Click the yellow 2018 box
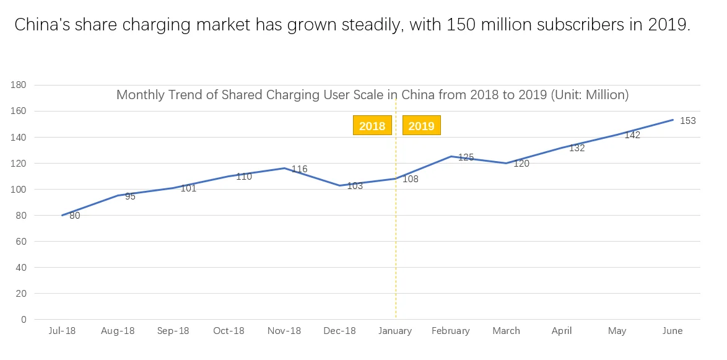(x=372, y=125)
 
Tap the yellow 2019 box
(x=422, y=125)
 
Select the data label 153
(x=687, y=121)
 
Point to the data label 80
(x=75, y=215)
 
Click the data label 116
(x=300, y=169)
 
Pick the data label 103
(x=355, y=186)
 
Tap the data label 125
(x=466, y=157)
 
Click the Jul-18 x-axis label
(x=62, y=331)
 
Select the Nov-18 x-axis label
(x=284, y=331)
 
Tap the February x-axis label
(x=451, y=331)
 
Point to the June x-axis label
(x=673, y=331)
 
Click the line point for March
(x=507, y=164)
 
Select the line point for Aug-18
(x=117, y=196)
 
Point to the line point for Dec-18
(x=340, y=185)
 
